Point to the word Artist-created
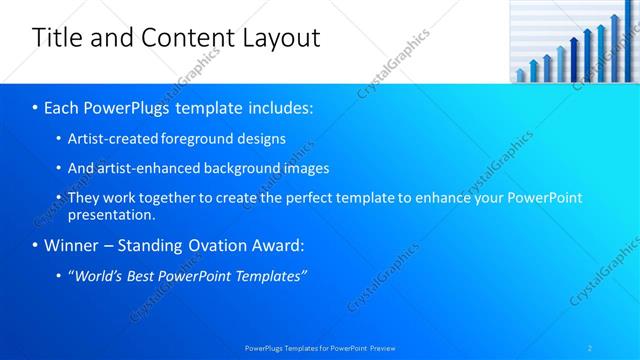110,139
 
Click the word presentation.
111,214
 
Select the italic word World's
100,275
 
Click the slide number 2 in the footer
590,348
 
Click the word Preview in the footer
381,348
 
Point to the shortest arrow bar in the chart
520,75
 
